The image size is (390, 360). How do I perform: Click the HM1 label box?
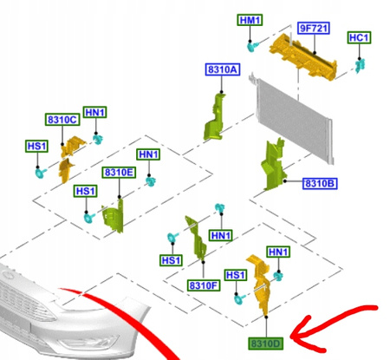(x=250, y=20)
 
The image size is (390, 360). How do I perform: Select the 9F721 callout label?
(x=314, y=29)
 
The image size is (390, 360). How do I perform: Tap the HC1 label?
(x=359, y=37)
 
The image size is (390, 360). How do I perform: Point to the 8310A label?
(x=223, y=69)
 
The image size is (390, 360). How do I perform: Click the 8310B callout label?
(x=320, y=184)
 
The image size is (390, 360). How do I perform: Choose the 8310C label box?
(x=62, y=120)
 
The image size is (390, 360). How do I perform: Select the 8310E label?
(x=119, y=173)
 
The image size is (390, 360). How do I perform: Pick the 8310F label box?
(x=204, y=285)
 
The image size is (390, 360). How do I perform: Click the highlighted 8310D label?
(x=266, y=344)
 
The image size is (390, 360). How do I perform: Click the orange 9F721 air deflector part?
(x=303, y=57)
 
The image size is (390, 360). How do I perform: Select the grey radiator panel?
(x=292, y=118)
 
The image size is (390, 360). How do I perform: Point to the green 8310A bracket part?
(x=214, y=117)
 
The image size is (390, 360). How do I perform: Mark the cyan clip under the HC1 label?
(x=360, y=66)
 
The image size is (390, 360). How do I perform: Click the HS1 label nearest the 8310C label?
(x=36, y=146)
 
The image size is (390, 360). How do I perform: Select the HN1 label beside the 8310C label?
(x=95, y=112)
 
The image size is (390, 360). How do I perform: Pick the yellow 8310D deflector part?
(x=262, y=285)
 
